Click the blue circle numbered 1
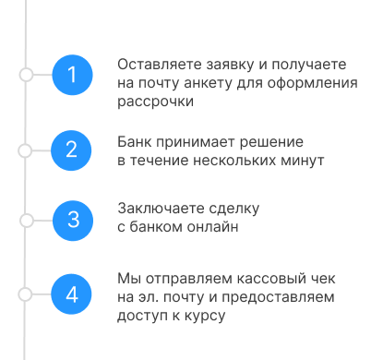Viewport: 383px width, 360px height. tap(74, 74)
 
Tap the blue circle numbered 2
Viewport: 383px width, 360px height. tap(74, 148)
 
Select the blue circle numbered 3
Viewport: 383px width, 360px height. tap(74, 220)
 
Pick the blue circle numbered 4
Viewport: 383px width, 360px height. tap(74, 294)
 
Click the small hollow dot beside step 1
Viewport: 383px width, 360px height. tap(27, 74)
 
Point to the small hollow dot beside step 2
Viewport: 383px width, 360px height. tap(27, 148)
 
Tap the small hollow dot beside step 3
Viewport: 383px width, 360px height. tap(27, 220)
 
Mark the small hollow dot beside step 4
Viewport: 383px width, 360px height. tap(27, 294)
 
